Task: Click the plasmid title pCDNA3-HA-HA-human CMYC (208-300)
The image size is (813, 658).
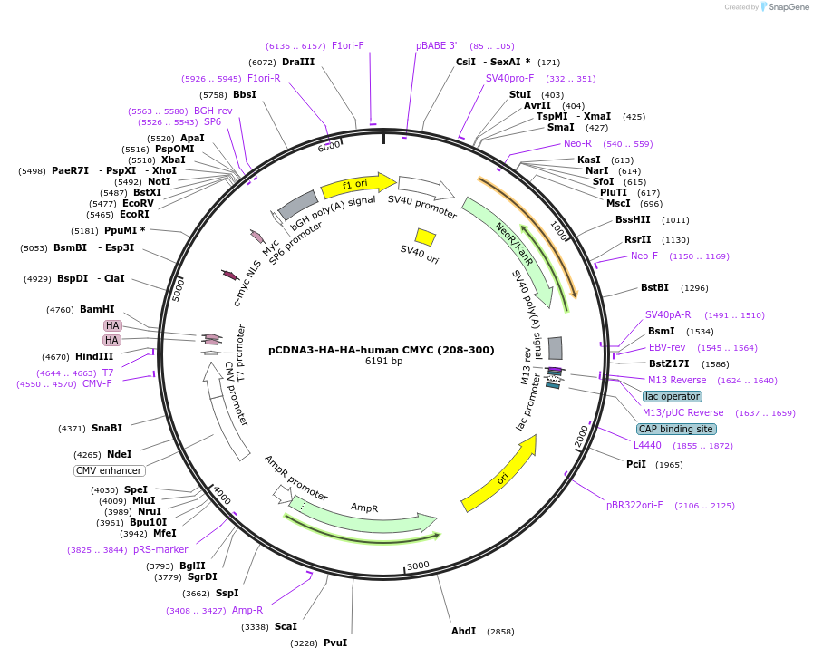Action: (x=381, y=350)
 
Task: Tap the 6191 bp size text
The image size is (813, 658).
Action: (x=384, y=362)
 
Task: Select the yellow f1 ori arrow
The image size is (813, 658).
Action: (x=356, y=184)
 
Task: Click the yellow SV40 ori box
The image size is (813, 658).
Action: (x=425, y=237)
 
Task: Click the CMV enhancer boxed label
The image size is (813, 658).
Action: (x=110, y=470)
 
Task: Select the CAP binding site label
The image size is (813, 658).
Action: (x=675, y=429)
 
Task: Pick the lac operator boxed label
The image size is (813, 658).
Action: (x=672, y=396)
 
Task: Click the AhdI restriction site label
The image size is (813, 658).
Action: (x=463, y=631)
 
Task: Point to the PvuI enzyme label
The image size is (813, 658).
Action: (x=335, y=643)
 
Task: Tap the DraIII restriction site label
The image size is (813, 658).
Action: (x=298, y=63)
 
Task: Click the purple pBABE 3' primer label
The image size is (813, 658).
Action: (x=437, y=45)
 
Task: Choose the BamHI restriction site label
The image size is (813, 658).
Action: (x=97, y=309)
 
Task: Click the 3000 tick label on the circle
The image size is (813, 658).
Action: (x=418, y=566)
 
